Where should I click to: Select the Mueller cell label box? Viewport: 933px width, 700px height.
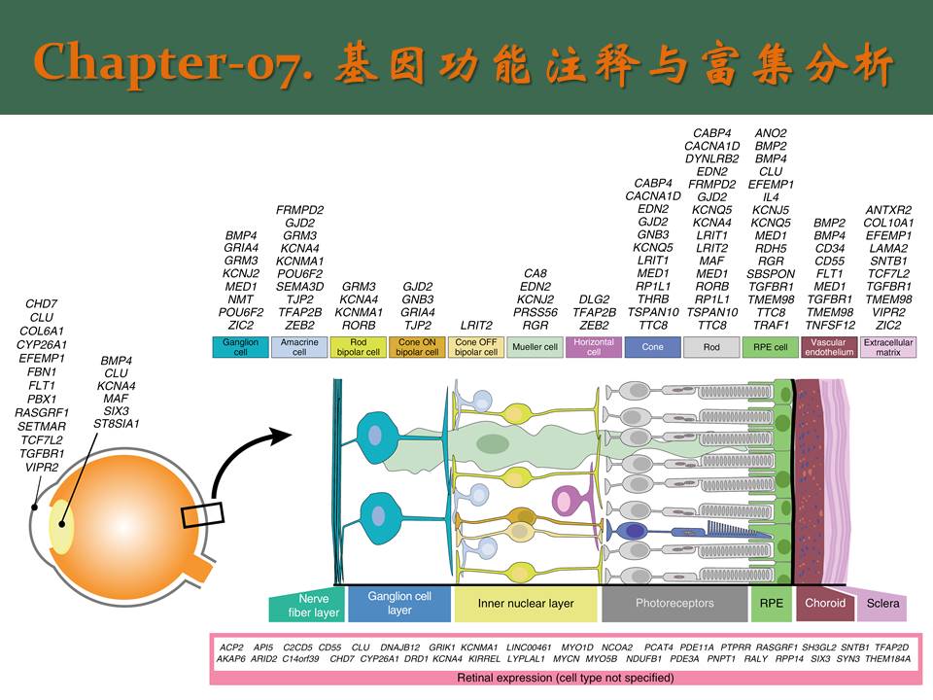coord(535,347)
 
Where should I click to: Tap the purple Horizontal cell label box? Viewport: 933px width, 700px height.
coord(594,347)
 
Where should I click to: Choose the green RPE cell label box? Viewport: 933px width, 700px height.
coord(770,347)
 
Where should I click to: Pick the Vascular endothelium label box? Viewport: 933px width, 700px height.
coord(829,347)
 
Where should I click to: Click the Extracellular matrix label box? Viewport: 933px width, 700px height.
coord(887,347)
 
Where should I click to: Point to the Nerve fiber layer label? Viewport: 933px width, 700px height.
coord(306,607)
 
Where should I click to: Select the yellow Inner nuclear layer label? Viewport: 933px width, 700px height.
coord(526,604)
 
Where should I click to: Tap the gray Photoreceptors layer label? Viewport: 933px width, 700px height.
coord(674,604)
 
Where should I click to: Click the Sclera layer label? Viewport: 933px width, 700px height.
coord(883,604)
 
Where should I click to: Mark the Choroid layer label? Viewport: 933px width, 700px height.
coord(825,603)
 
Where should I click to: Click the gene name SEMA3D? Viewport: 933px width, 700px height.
coord(299,287)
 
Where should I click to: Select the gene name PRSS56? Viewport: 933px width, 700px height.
coord(536,312)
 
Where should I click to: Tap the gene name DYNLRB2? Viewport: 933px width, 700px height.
coord(711,158)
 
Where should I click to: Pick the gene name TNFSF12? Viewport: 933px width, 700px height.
coord(829,325)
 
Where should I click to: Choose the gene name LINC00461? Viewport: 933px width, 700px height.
coord(529,647)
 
